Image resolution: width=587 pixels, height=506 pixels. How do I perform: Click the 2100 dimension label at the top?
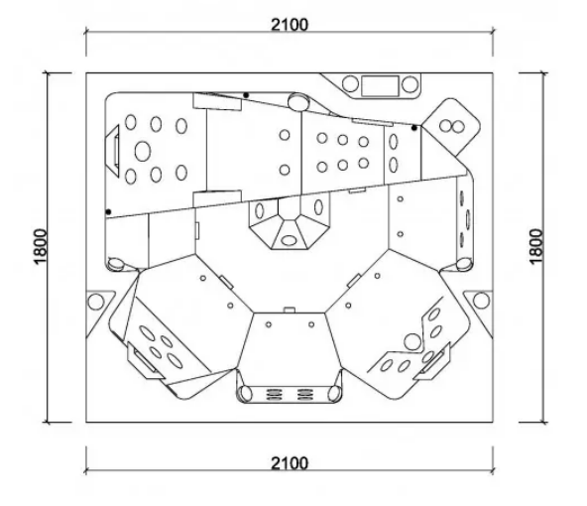coord(290,25)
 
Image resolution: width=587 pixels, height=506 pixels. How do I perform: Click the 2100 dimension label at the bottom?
coord(290,463)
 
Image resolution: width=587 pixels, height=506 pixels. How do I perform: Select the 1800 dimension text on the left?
coord(41,247)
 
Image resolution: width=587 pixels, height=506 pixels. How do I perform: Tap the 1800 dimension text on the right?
coord(536,247)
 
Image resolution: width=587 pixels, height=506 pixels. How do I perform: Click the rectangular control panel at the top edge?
coord(380,85)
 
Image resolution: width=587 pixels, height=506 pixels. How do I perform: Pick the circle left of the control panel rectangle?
coord(350,84)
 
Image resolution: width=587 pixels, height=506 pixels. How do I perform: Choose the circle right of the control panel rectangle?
coord(410,84)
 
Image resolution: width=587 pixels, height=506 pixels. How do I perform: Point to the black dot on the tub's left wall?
coord(108,212)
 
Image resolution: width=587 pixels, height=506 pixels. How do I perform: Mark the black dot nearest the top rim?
coord(246,95)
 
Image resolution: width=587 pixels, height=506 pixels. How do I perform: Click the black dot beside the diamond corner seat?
coord(414,128)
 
